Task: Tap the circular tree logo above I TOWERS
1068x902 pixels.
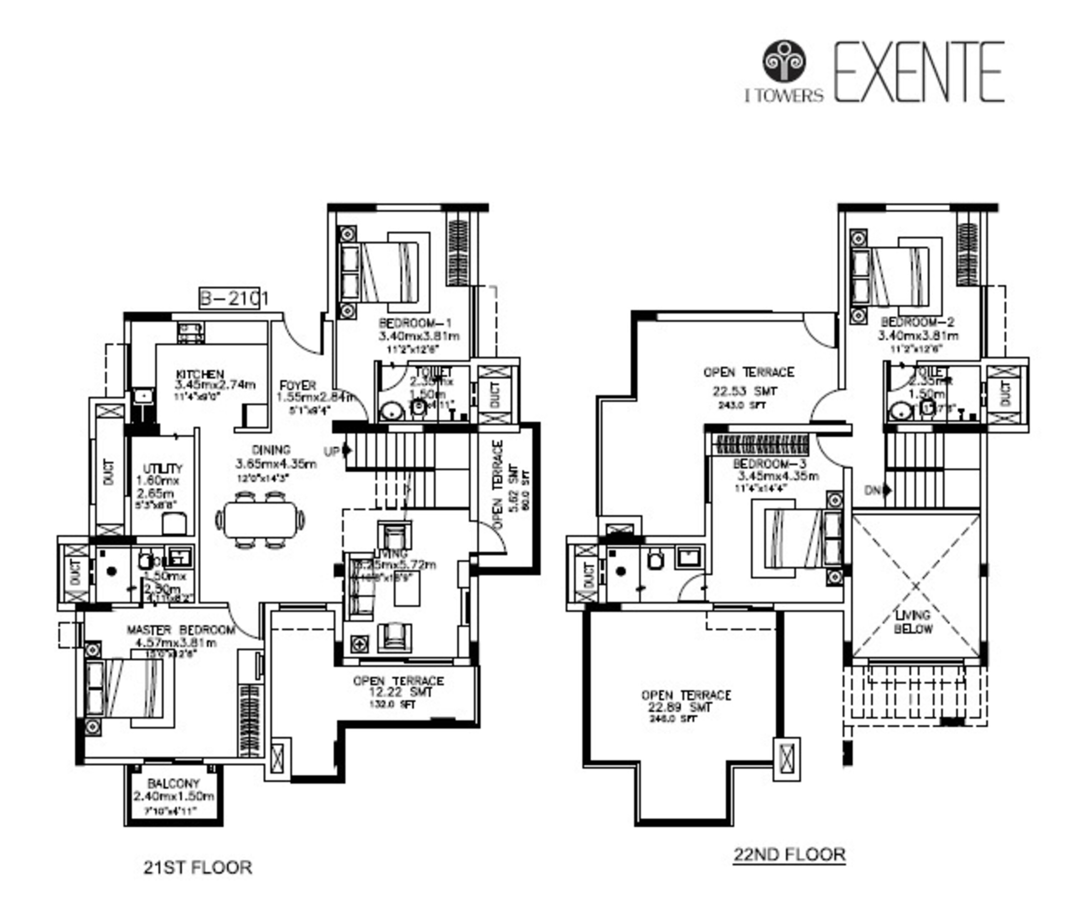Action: [784, 62]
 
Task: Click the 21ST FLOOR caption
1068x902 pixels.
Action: [198, 867]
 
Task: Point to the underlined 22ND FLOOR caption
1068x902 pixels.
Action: [789, 854]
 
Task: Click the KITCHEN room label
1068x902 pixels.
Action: [200, 374]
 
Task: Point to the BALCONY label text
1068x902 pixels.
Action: [173, 783]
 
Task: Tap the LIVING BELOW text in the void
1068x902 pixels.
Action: [913, 622]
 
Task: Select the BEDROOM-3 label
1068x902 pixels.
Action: [769, 464]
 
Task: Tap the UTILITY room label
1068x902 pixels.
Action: [162, 468]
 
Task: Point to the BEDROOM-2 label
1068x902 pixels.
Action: [917, 322]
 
